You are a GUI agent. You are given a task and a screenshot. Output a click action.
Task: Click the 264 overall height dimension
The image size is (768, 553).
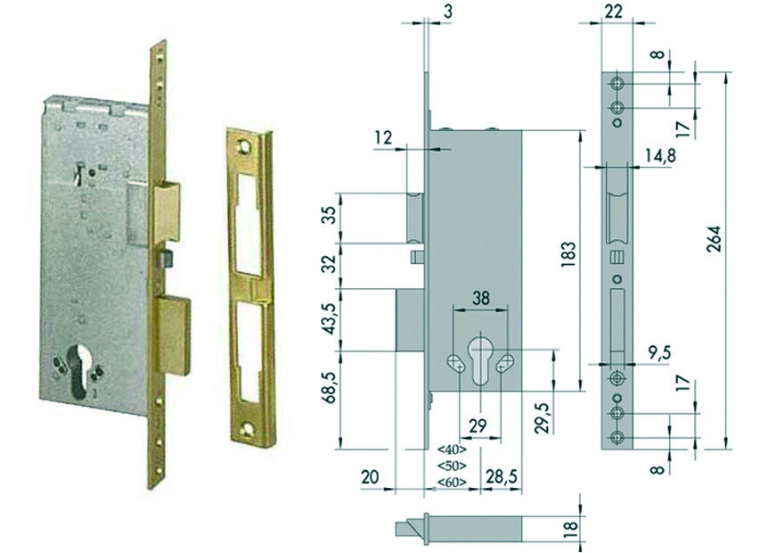715,239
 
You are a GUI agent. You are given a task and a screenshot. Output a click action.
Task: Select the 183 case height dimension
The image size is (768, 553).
570,254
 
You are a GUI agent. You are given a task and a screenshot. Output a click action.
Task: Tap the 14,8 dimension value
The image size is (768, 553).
659,156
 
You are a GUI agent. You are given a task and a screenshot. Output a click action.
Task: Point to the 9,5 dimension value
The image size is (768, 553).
658,353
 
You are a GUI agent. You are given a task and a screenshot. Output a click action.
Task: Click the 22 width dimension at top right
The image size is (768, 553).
613,12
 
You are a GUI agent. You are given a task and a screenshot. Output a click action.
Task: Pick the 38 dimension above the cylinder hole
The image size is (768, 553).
480,298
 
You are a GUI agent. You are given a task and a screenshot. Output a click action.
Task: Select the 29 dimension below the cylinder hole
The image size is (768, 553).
478,426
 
